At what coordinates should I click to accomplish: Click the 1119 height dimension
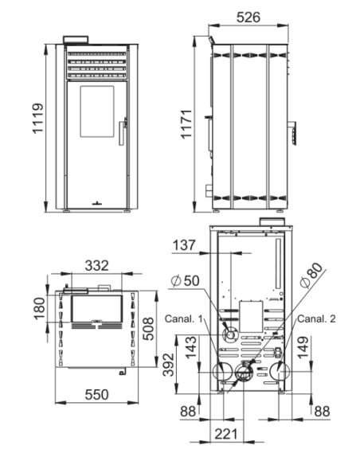pos(37,119)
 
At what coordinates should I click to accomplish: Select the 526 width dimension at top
pos(248,18)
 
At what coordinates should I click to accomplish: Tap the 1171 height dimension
pos(187,124)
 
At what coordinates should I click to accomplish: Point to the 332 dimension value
pos(96,266)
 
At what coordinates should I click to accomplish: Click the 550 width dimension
pos(96,395)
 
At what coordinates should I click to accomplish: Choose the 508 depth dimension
pos(148,329)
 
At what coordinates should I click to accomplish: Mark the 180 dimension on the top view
pos(40,309)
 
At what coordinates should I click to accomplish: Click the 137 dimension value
pos(184,245)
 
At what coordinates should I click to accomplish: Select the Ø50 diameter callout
pos(186,280)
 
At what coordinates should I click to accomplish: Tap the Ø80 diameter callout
pos(311,275)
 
